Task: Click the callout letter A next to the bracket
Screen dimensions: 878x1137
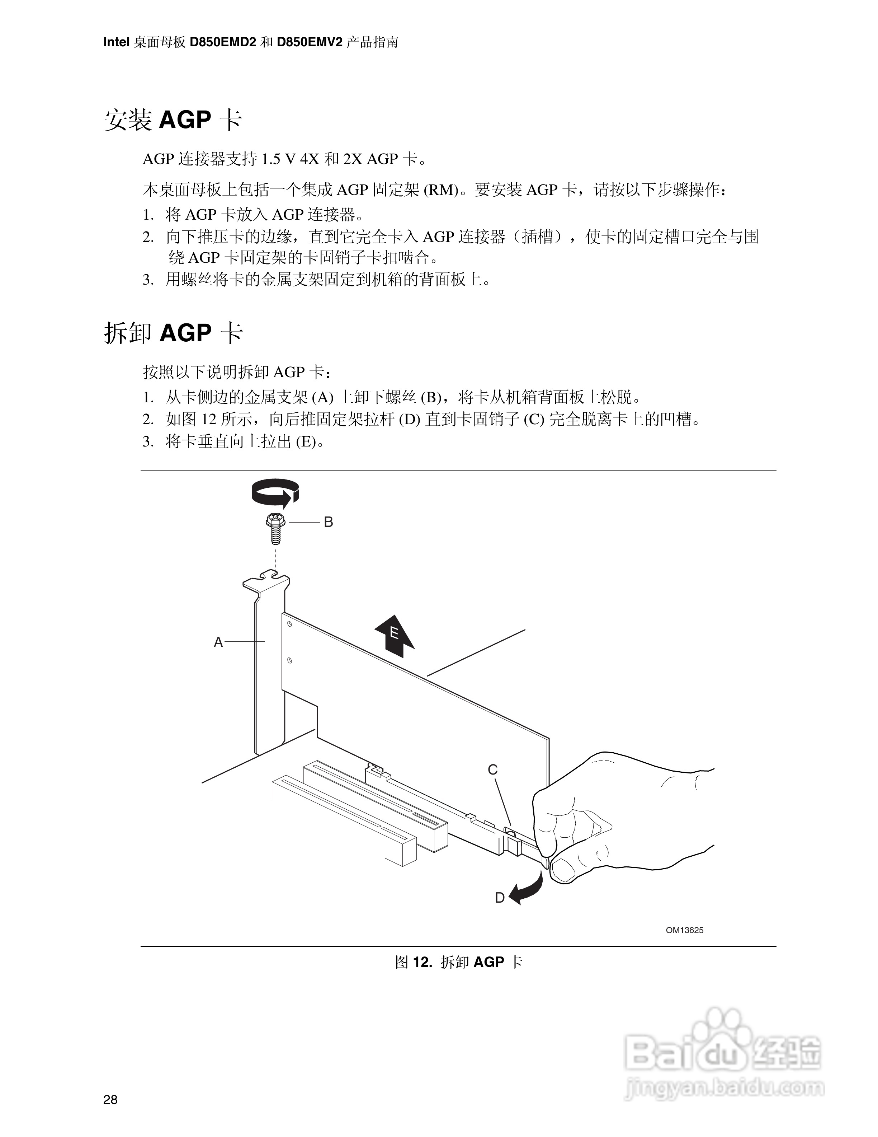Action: pyautogui.click(x=218, y=642)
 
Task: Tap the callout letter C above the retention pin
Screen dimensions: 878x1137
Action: pyautogui.click(x=492, y=769)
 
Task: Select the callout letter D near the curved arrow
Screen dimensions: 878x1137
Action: pyautogui.click(x=499, y=898)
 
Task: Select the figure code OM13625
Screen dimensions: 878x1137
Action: pyautogui.click(x=685, y=930)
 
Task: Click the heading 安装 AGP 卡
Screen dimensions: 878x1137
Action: pyautogui.click(x=173, y=120)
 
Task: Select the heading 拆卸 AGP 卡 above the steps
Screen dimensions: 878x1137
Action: pyautogui.click(x=173, y=333)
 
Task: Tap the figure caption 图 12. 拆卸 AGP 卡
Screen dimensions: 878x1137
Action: pyautogui.click(x=458, y=962)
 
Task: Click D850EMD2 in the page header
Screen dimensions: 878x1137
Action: pyautogui.click(x=223, y=42)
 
